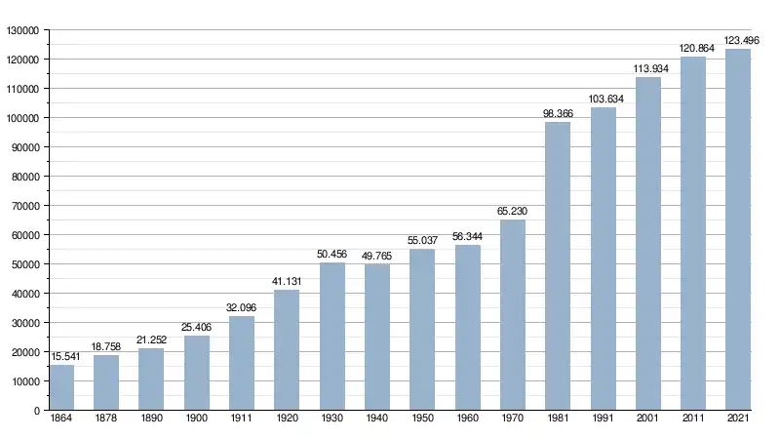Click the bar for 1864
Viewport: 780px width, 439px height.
(61, 387)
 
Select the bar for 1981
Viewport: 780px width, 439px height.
(558, 265)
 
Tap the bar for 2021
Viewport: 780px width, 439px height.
(738, 229)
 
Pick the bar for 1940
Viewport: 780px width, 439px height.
(377, 337)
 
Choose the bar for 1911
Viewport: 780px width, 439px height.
(242, 363)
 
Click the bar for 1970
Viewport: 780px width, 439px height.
(513, 314)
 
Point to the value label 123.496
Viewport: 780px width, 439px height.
(738, 40)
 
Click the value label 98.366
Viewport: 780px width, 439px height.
(558, 113)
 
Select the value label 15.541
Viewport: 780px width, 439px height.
(61, 356)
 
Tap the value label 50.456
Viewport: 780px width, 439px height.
(332, 254)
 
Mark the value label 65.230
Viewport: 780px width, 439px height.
(513, 211)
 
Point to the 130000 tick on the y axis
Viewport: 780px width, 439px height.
(21, 30)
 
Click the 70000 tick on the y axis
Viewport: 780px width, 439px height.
(24, 206)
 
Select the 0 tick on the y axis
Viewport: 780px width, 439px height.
(36, 411)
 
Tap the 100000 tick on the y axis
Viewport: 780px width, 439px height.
(21, 118)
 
